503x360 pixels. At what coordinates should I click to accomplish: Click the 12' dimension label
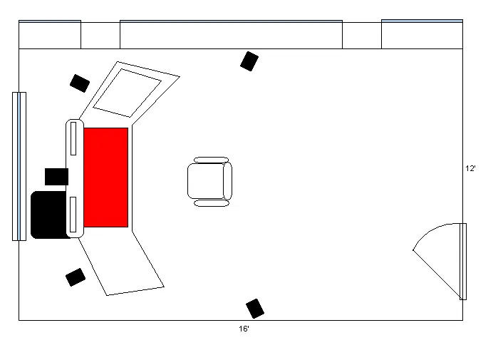pos(470,168)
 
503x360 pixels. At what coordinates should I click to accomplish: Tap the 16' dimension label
pos(244,329)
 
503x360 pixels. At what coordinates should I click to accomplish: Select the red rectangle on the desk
pos(106,178)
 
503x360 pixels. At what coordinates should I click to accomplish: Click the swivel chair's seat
pos(206,181)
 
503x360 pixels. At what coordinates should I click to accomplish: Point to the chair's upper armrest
pos(211,160)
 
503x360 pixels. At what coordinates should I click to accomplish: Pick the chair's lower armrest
pos(212,203)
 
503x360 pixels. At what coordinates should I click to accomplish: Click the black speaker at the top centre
pos(249,61)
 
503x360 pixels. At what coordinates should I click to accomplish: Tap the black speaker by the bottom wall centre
pos(255,309)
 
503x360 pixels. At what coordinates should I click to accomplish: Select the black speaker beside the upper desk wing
pos(80,83)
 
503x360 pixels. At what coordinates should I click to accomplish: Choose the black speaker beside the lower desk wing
pos(76,277)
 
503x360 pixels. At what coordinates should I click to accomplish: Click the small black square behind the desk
pos(56,177)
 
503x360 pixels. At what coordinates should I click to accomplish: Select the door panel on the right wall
pos(463,262)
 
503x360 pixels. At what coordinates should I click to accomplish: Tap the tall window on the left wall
pos(19,166)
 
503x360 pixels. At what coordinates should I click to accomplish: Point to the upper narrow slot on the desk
pos(73,138)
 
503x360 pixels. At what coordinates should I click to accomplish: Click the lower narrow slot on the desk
pos(73,215)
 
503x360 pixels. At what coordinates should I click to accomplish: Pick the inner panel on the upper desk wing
pos(128,93)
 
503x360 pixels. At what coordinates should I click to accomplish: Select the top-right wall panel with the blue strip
pos(422,34)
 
